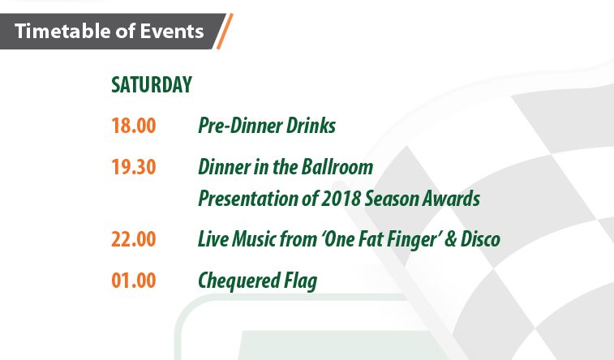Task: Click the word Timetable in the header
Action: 62,31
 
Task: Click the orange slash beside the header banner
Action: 225,32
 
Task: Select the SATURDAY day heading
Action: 152,84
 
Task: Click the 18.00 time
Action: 134,126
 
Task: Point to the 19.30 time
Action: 134,167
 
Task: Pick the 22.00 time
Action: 134,239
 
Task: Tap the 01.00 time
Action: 134,281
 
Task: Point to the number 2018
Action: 341,199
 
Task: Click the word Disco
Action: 480,239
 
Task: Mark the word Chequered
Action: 239,281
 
